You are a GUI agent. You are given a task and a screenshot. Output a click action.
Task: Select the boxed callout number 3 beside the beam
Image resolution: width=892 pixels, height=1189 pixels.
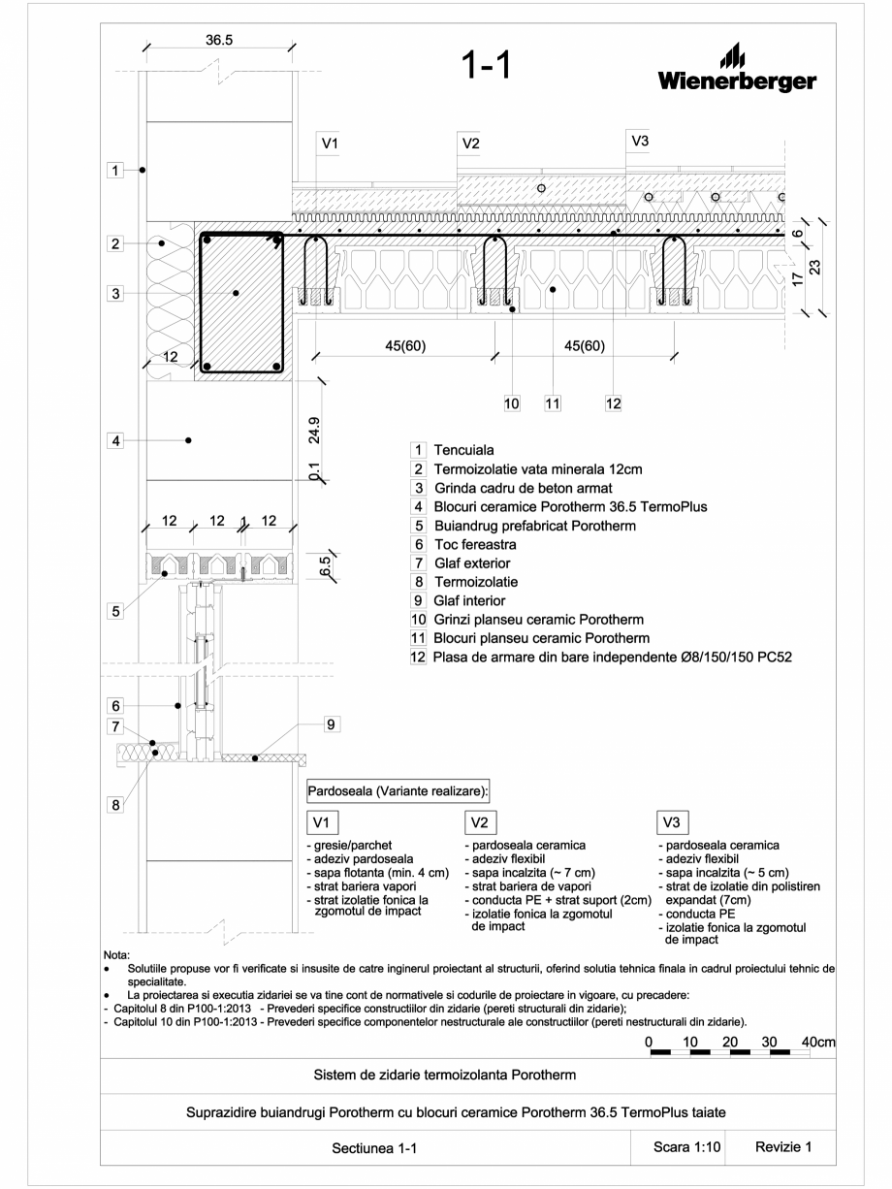coord(114,294)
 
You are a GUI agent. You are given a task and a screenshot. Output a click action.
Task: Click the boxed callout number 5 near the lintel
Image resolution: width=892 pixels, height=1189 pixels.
coord(114,611)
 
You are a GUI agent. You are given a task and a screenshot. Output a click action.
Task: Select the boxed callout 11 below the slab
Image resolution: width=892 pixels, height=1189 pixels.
coord(552,403)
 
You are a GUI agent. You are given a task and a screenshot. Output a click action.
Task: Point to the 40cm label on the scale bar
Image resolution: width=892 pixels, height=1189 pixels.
coord(819,1042)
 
